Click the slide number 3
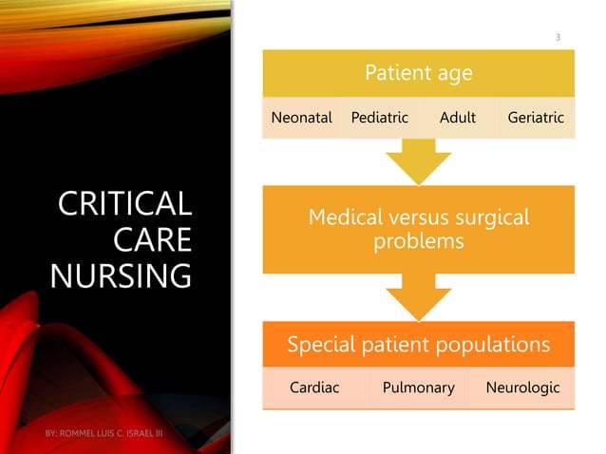pos(558,37)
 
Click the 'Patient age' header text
pos(418,72)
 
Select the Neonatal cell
pos(301,119)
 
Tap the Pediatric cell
pos(379,119)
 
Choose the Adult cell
pos(458,119)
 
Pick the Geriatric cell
pos(536,119)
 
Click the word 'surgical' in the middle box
pos(491,218)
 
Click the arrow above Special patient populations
pos(418,302)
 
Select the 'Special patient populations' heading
pos(418,344)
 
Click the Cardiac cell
pos(314,388)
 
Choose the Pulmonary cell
pos(418,388)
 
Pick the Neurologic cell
pos(522,388)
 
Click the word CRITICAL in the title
pos(123,204)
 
